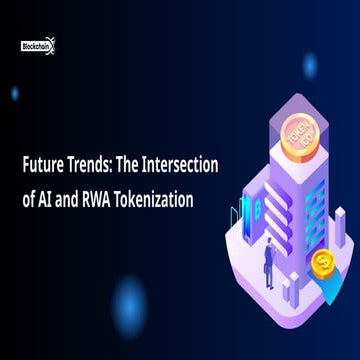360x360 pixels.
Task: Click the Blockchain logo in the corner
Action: click(37, 43)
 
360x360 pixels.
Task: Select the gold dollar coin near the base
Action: click(323, 263)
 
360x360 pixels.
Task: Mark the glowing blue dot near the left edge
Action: click(14, 93)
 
